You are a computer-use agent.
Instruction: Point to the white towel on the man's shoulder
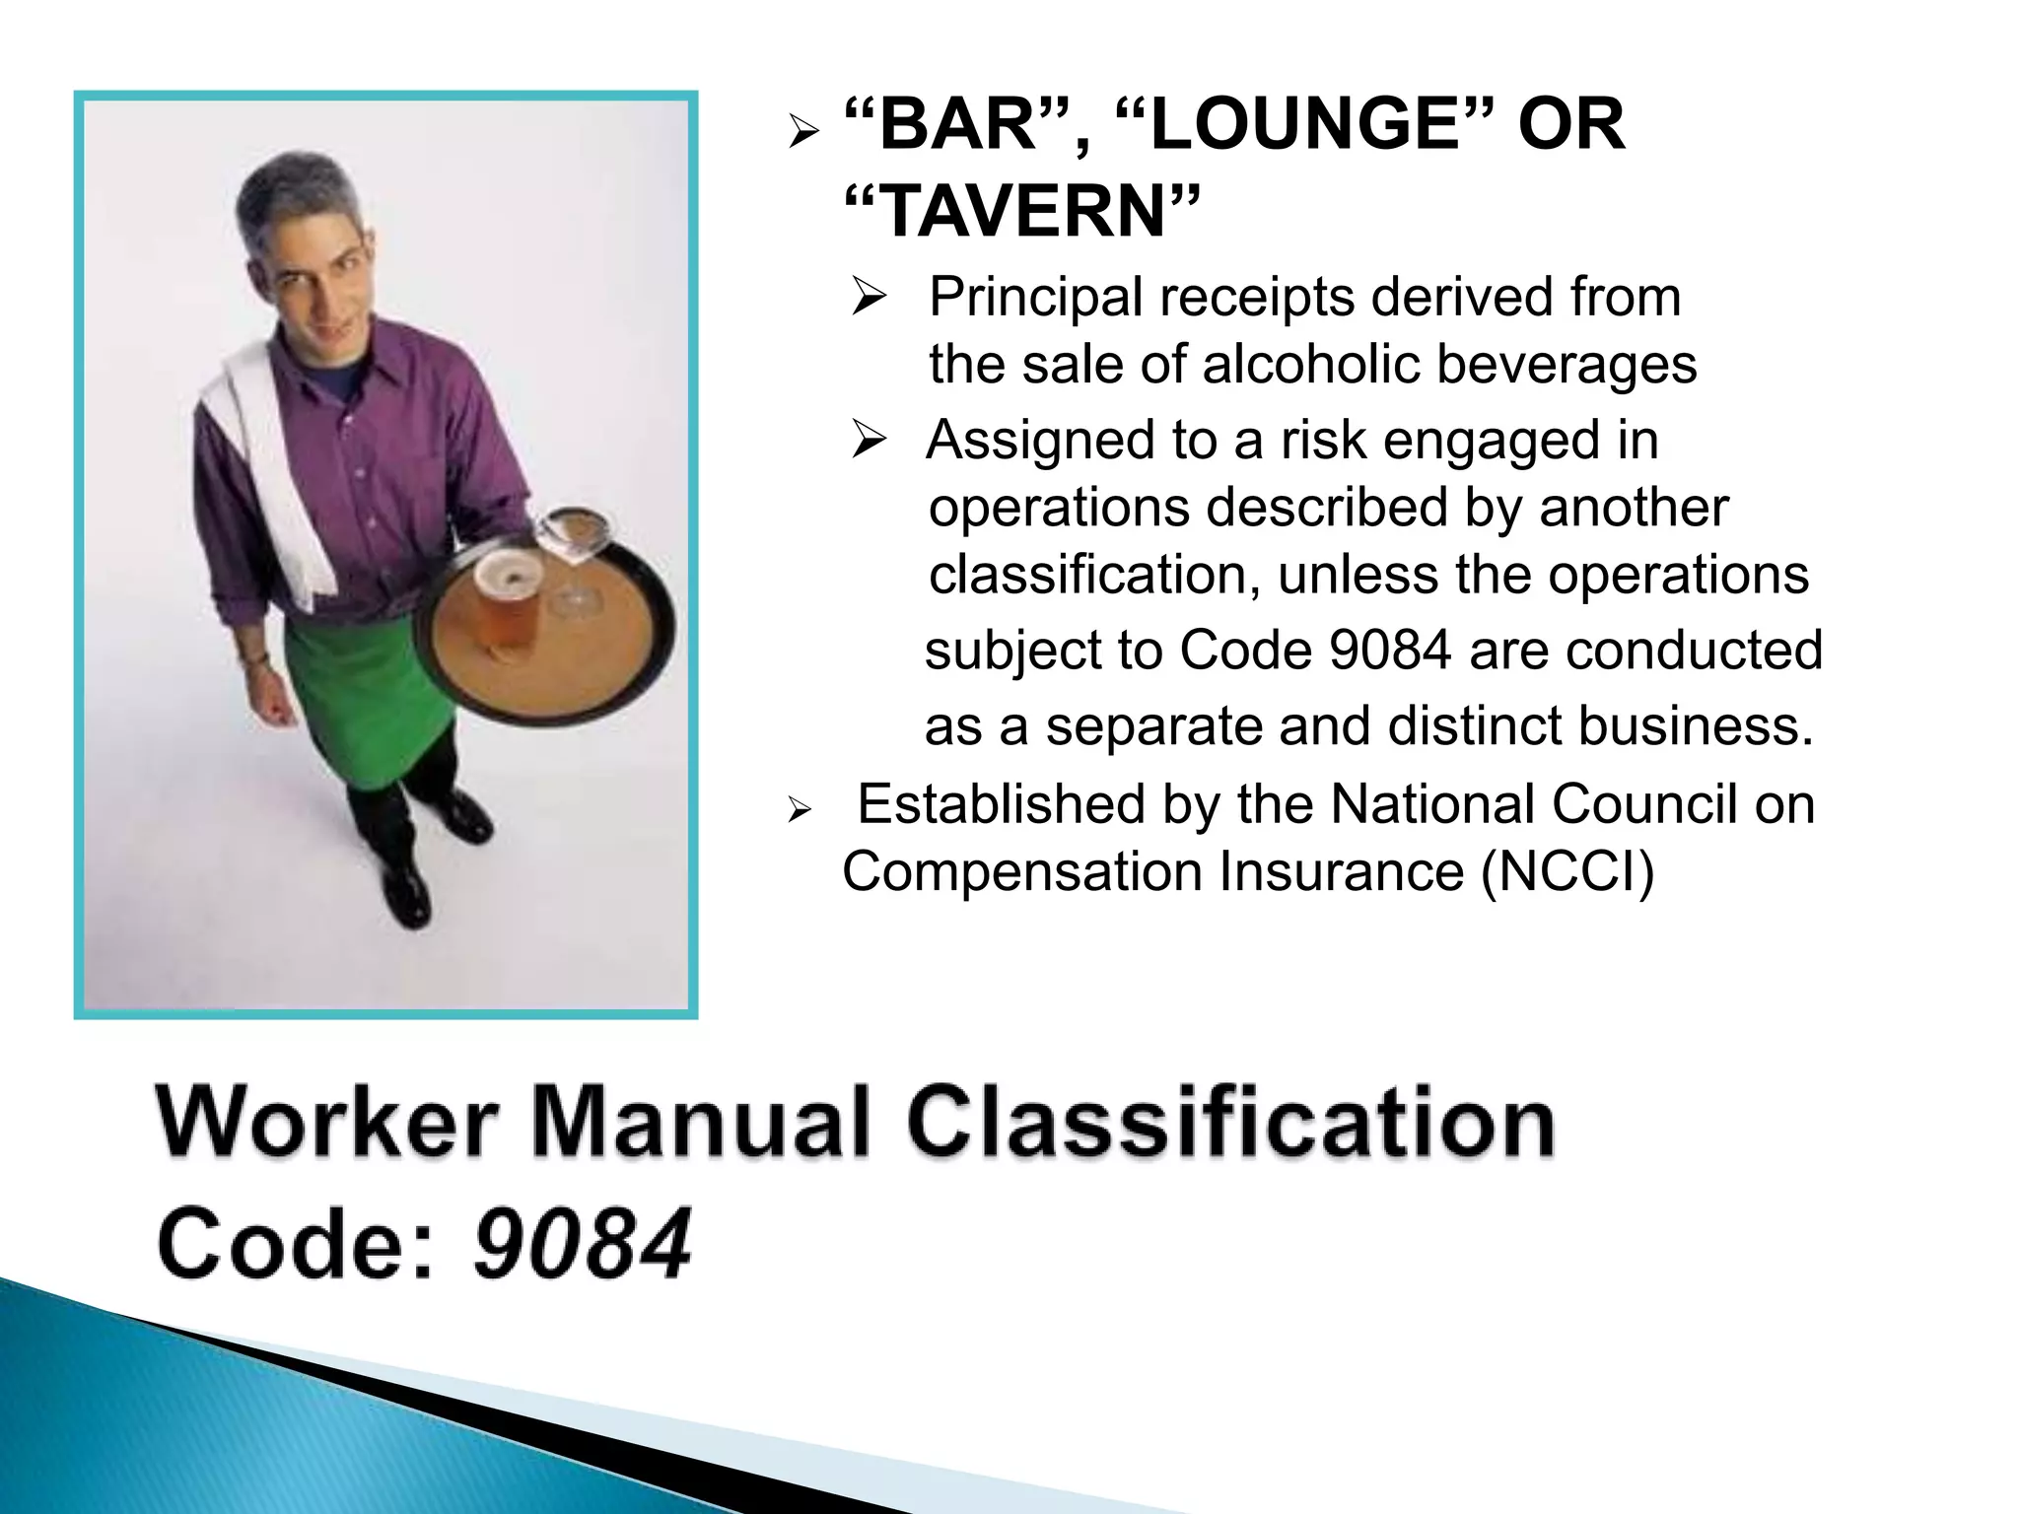tap(261, 463)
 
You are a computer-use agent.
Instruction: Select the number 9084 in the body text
tap(1390, 651)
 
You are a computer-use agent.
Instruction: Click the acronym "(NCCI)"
tap(1567, 872)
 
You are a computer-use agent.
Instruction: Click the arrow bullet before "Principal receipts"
tap(870, 297)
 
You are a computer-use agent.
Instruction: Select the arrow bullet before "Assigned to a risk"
tap(870, 440)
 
